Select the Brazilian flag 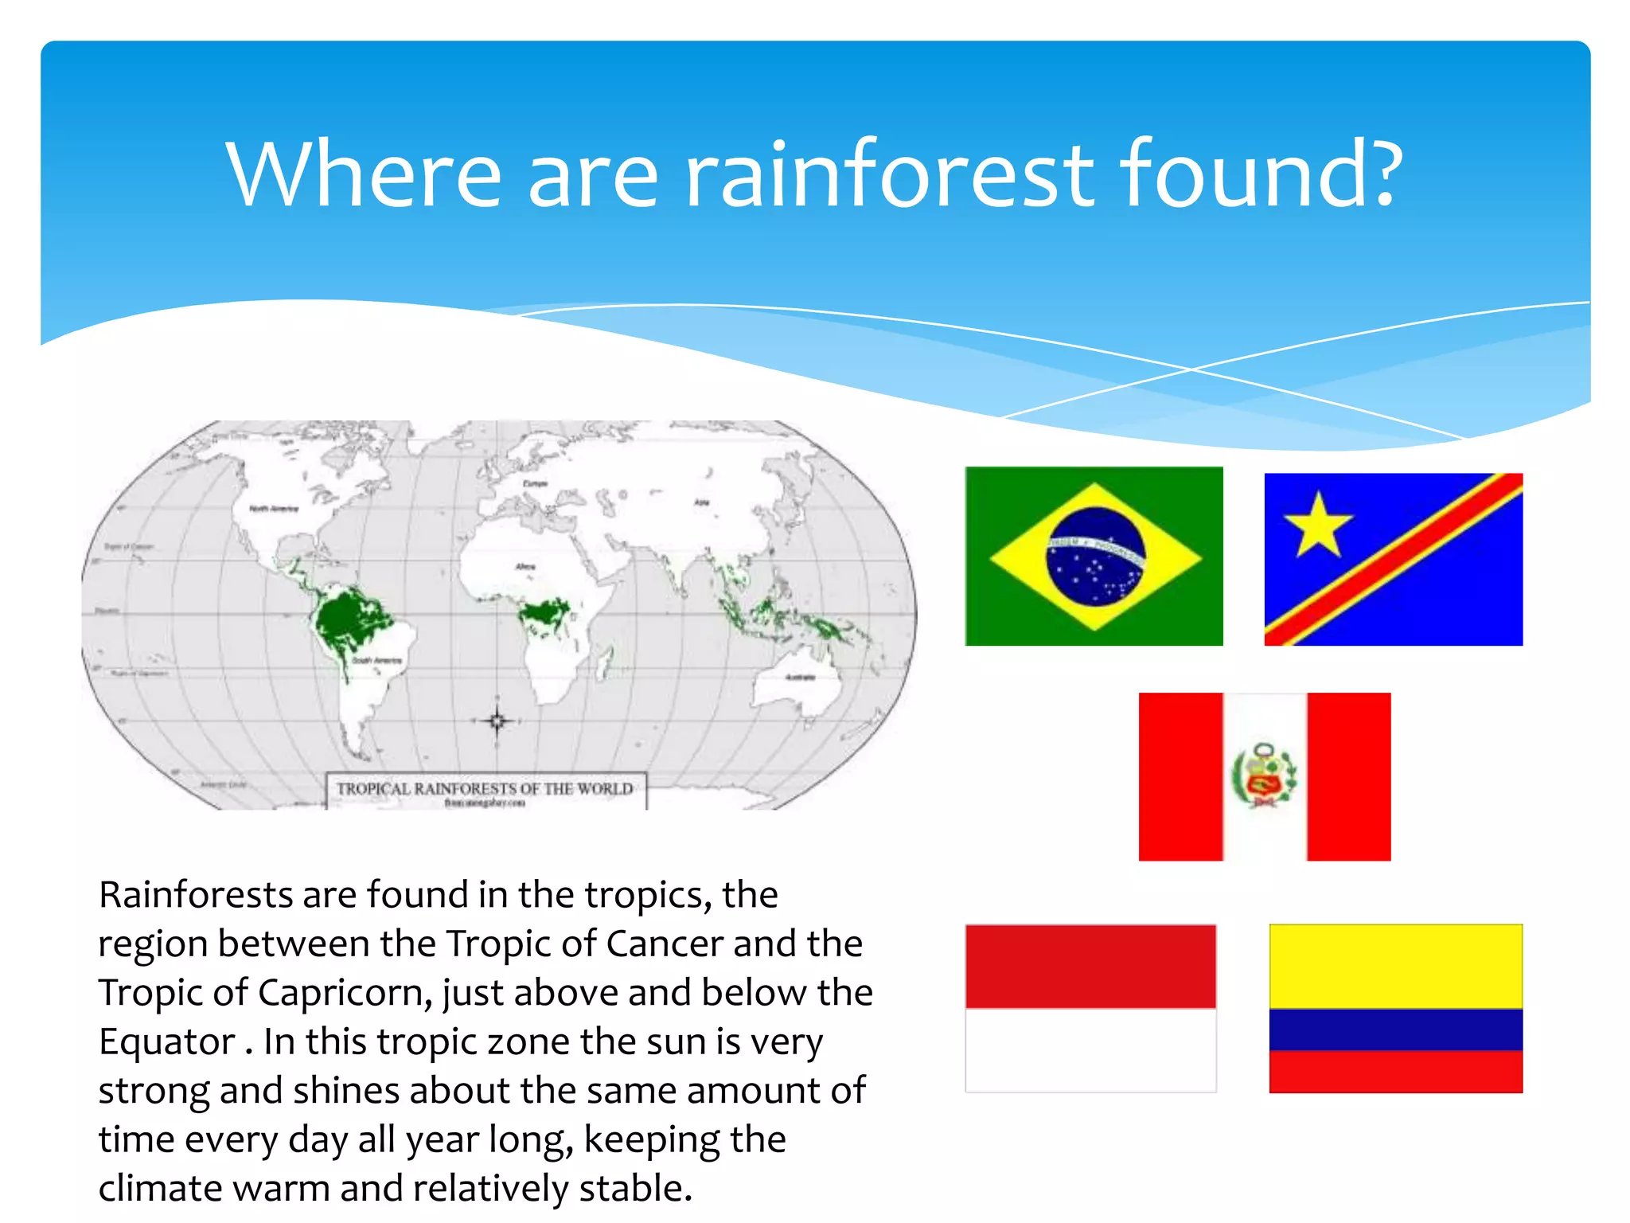(1094, 556)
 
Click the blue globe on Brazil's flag (1096, 557)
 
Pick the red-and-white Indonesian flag (1090, 1007)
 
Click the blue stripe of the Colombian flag (1395, 1029)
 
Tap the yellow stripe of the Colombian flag (1395, 966)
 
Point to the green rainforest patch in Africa (544, 613)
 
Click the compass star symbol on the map (497, 721)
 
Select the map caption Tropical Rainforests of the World (485, 788)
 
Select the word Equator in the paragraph (166, 1041)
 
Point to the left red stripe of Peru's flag (1180, 776)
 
